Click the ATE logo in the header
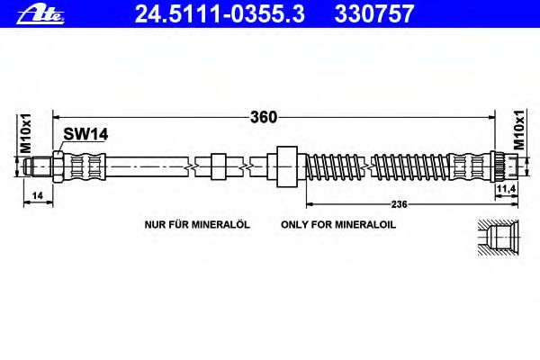[x=40, y=14]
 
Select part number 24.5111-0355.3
[x=220, y=13]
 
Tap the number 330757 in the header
[x=374, y=13]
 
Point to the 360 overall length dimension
[x=264, y=117]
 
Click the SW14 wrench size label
[x=85, y=134]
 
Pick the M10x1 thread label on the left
[x=25, y=133]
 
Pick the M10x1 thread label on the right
[x=518, y=130]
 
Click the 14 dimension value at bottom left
[x=37, y=195]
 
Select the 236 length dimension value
[x=399, y=204]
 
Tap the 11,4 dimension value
[x=506, y=188]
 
